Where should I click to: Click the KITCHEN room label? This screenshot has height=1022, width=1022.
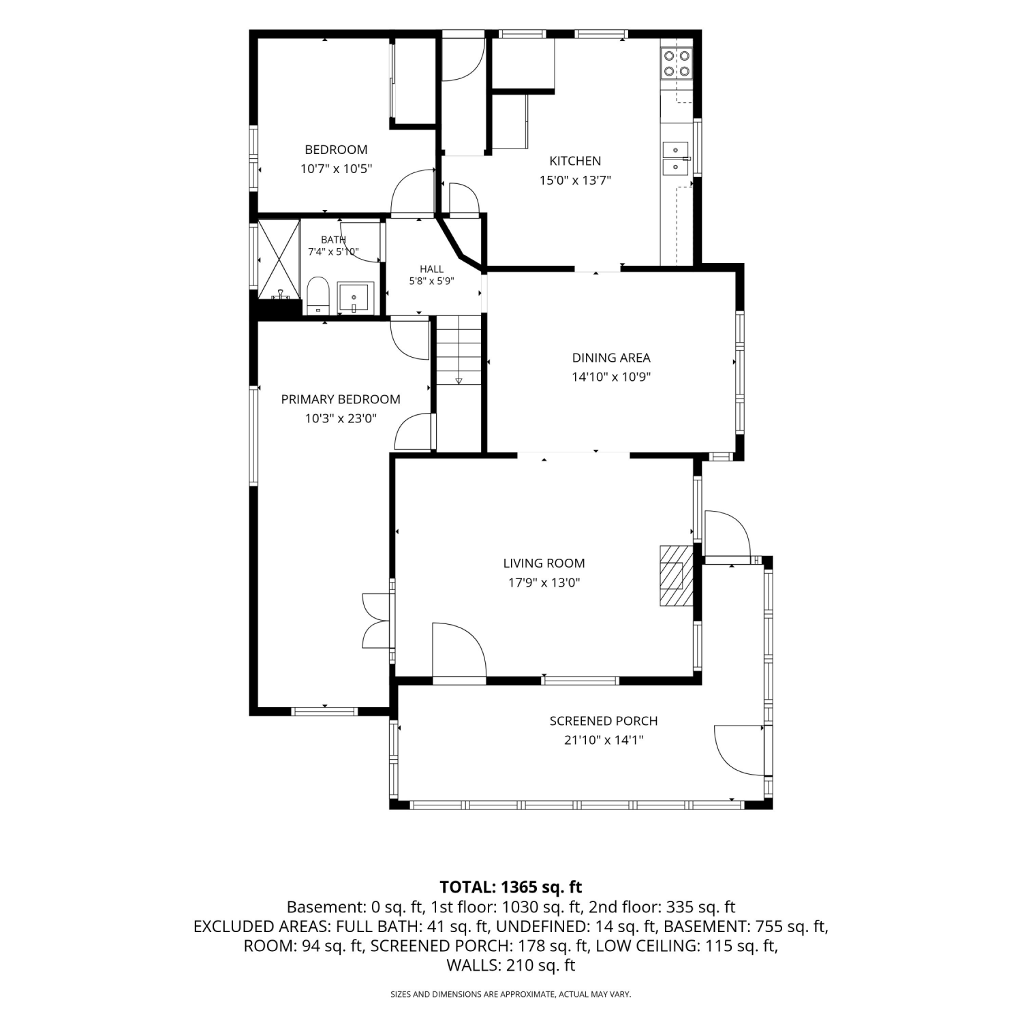tap(575, 161)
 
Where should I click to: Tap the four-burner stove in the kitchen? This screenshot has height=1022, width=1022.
tap(677, 63)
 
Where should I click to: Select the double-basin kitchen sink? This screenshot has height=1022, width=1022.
tap(676, 158)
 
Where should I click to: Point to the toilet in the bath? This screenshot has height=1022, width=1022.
tap(318, 296)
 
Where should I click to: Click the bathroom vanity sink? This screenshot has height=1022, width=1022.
tap(354, 298)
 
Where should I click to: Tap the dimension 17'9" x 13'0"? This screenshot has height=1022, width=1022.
tap(544, 583)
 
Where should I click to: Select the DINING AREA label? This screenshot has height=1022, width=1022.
tap(611, 358)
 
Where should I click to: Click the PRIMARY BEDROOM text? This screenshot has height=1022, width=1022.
tap(341, 399)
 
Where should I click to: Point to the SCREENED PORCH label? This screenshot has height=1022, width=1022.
tap(604, 721)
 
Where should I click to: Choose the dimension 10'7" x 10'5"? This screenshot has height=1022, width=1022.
tap(336, 168)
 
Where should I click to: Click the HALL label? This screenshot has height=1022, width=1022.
tap(431, 269)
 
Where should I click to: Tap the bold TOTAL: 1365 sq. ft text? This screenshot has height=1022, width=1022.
tap(511, 887)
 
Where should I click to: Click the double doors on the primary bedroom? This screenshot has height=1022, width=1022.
tap(377, 620)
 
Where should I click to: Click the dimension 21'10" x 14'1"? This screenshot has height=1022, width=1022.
tap(604, 740)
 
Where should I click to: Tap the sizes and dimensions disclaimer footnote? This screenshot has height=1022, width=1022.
tap(511, 994)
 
